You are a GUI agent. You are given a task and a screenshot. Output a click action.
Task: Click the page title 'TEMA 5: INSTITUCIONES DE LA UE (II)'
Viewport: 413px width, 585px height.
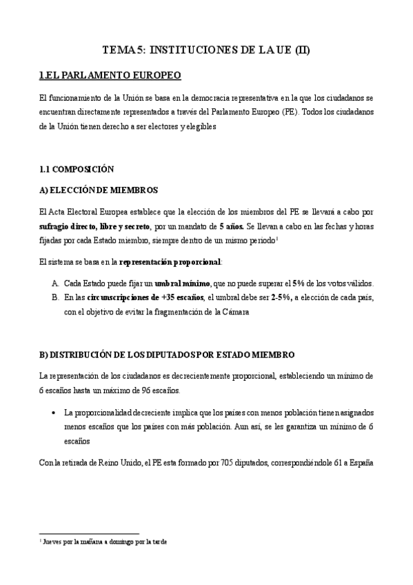[x=206, y=50]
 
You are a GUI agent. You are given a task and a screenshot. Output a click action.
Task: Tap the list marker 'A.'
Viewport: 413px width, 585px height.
[x=55, y=284]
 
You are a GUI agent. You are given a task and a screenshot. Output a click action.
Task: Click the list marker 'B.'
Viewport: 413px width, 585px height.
[x=55, y=298]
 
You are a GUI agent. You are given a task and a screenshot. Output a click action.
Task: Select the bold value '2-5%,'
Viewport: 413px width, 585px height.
[x=276, y=298]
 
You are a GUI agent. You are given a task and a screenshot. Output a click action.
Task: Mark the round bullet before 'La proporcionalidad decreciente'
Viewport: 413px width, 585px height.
[x=54, y=413]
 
